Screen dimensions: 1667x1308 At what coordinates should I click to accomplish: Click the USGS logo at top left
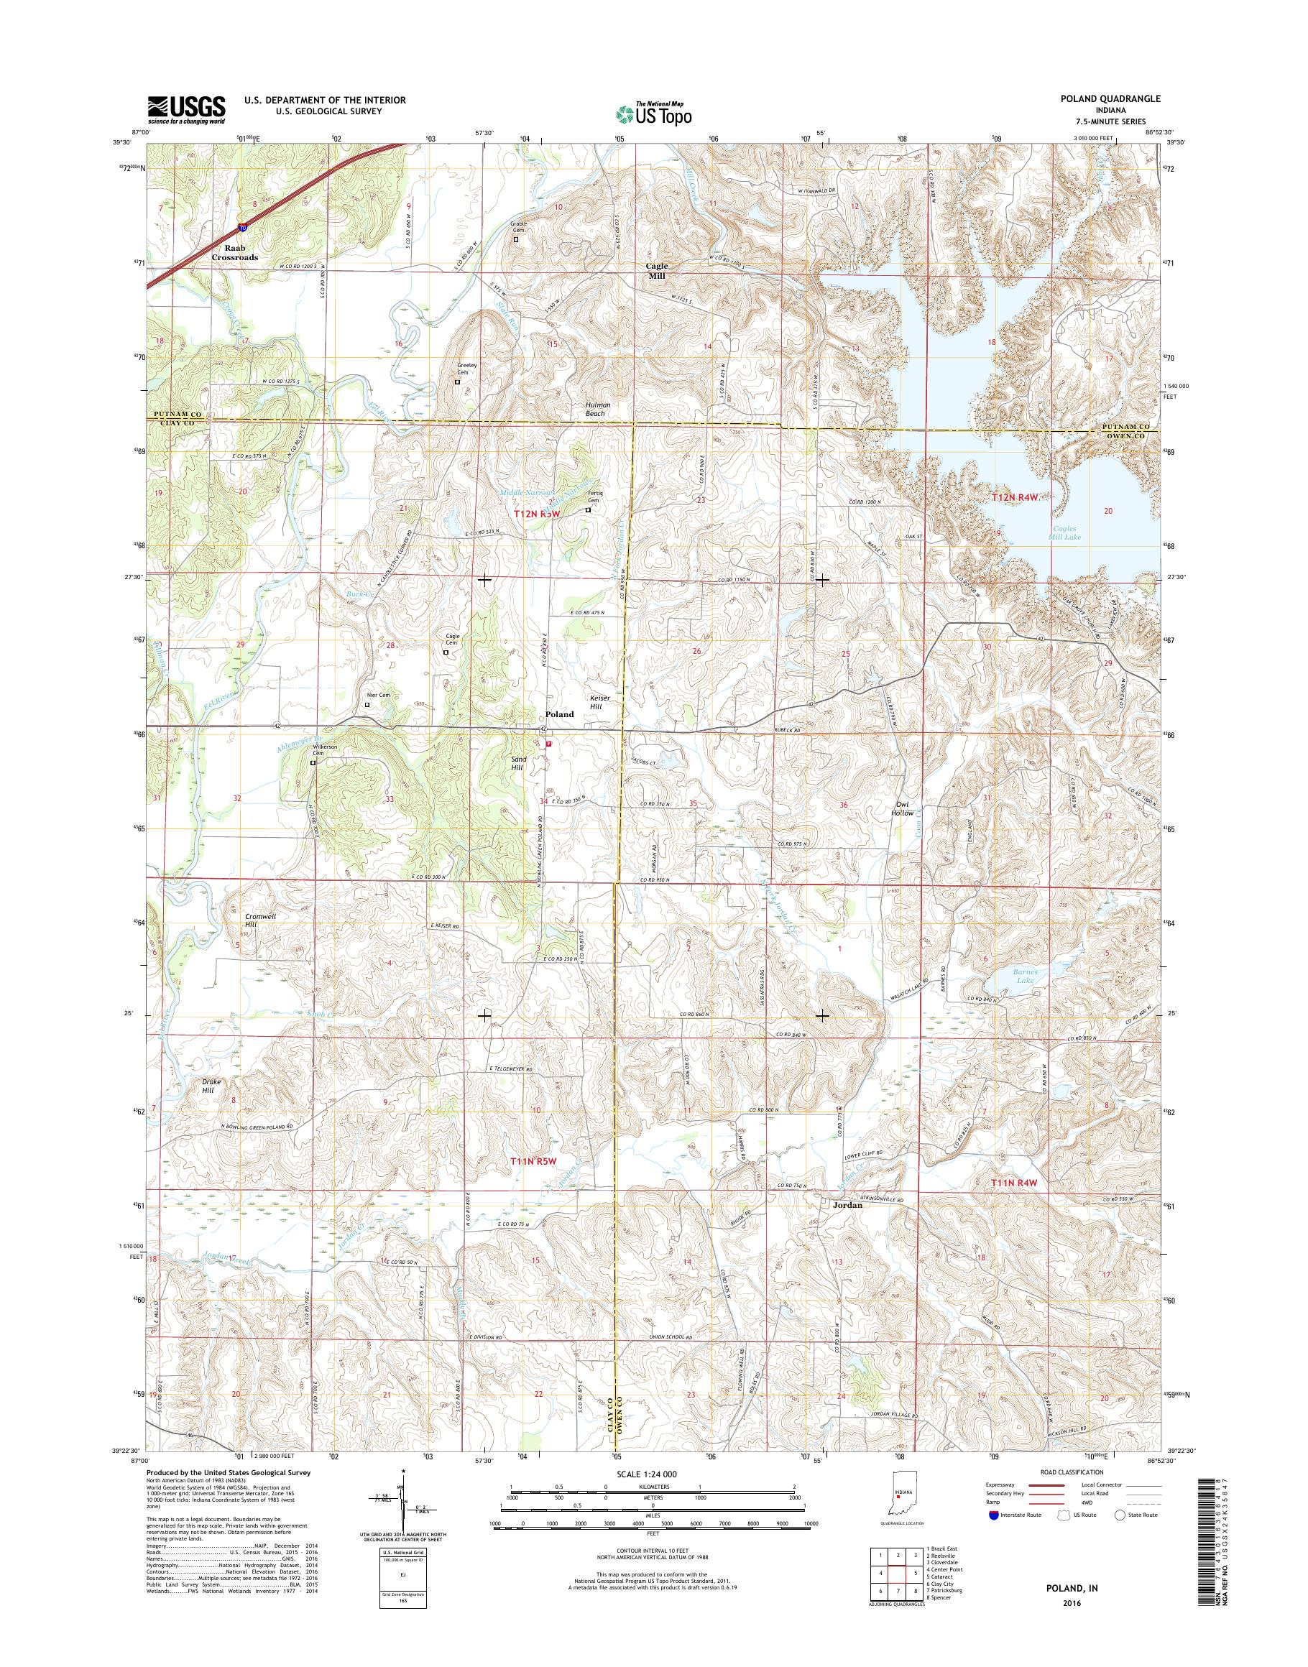[186, 109]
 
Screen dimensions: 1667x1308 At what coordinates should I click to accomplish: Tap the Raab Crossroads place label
[234, 254]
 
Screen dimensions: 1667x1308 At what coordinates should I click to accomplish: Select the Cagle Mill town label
[657, 270]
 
